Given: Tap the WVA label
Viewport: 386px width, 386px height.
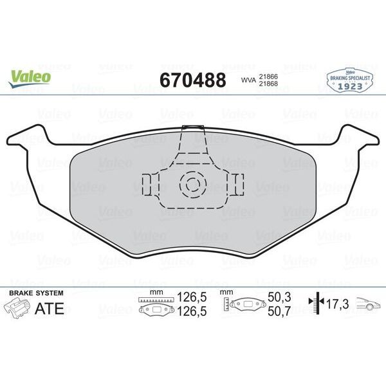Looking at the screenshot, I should pos(248,81).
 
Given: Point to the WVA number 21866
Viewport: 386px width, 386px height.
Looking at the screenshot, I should pos(268,76).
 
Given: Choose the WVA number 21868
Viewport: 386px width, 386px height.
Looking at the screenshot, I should pos(268,85).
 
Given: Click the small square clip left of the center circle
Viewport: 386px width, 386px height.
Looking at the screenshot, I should pos(147,184).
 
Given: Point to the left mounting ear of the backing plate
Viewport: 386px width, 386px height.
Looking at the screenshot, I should pos(29,137).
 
